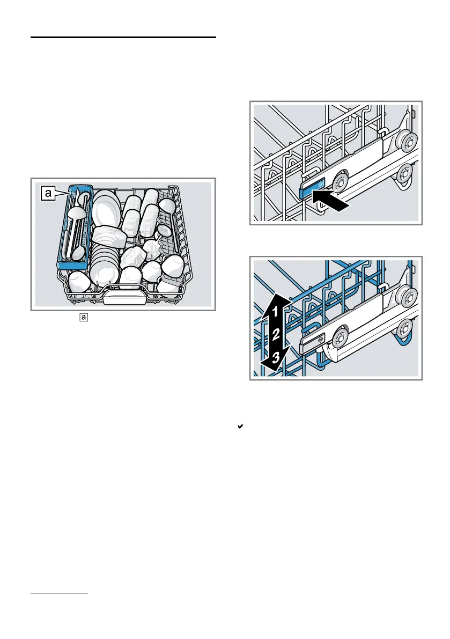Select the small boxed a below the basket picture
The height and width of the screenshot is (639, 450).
click(x=83, y=318)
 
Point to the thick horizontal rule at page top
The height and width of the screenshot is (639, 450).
click(x=123, y=38)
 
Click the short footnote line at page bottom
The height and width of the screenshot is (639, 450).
click(x=59, y=593)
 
